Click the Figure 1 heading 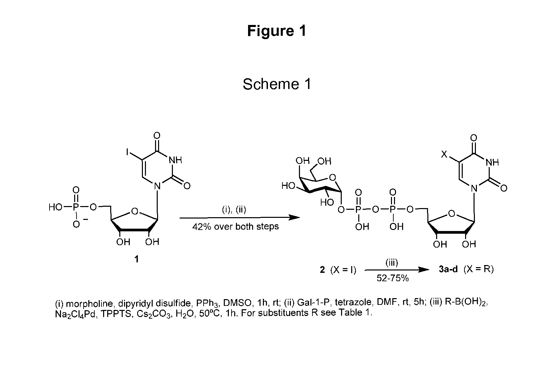coord(277,31)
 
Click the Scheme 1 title coord(277,84)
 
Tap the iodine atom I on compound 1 coord(127,152)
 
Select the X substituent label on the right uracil coord(444,154)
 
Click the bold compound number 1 coord(136,259)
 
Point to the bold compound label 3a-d coord(448,269)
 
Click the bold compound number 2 coord(322,269)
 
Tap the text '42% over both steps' coord(236,227)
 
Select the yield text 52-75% coord(392,278)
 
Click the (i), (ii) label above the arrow coord(234,209)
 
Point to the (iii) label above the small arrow coord(392,262)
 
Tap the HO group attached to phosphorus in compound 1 coord(56,207)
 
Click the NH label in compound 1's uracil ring coord(176,160)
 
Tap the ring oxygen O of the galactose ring coord(332,178)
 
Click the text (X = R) coord(479,269)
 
